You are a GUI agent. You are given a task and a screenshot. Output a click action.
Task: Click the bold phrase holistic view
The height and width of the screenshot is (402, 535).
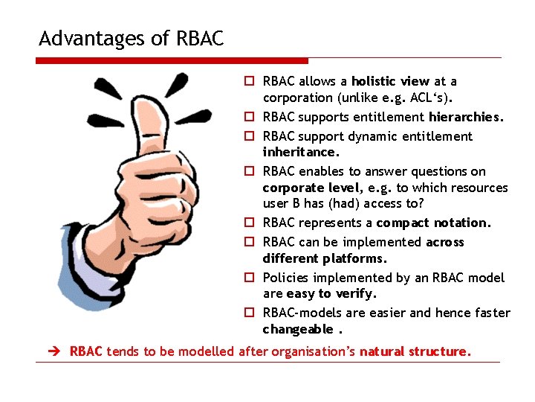click(390, 81)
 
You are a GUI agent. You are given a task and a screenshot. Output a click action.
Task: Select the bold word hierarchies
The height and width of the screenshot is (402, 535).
click(465, 117)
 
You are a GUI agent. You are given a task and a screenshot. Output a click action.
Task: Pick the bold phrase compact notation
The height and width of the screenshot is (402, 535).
click(433, 223)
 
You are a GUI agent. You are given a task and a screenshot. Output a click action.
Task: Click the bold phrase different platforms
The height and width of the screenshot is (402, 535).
click(324, 258)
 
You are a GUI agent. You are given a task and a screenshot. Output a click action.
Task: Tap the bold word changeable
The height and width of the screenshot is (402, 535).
click(297, 330)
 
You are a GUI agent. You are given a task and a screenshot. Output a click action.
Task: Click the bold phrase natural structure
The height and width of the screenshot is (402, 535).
click(415, 351)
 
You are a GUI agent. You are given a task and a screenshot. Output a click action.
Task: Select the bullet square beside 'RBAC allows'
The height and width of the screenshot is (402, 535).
click(253, 81)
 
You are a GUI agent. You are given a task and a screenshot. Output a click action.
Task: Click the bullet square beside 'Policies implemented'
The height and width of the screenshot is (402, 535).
click(253, 278)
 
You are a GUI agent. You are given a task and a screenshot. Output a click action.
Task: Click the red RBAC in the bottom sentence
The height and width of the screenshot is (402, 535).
click(86, 351)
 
